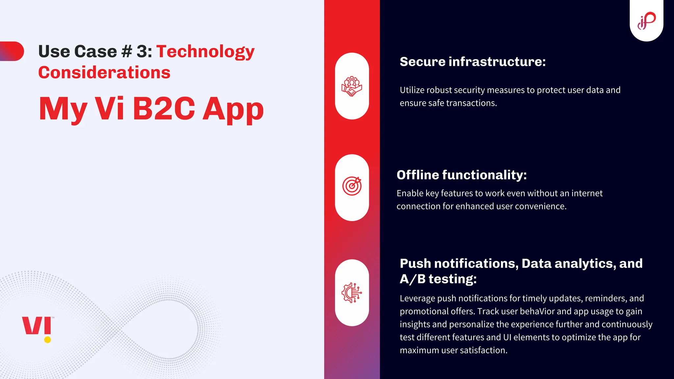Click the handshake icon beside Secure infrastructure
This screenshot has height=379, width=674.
click(x=352, y=86)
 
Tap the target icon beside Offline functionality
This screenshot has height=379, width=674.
click(x=352, y=186)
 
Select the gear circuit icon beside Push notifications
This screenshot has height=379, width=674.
click(x=352, y=292)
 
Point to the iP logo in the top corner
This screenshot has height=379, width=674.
click(x=646, y=20)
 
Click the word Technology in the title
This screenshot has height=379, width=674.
click(x=205, y=52)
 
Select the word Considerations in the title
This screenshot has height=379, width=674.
click(x=104, y=72)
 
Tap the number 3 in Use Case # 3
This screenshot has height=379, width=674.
click(x=142, y=52)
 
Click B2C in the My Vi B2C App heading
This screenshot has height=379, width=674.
click(x=164, y=109)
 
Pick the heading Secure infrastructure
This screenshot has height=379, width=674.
click(x=473, y=62)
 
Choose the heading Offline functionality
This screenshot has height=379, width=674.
click(x=461, y=175)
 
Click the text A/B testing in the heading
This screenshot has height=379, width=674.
click(x=438, y=279)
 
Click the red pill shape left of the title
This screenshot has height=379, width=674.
click(x=13, y=51)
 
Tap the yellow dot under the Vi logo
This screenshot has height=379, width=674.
click(x=47, y=340)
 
